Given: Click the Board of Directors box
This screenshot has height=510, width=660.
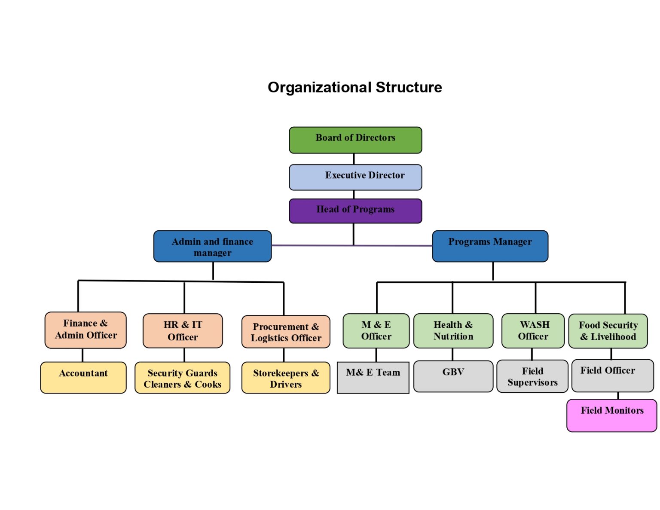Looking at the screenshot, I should tap(355, 140).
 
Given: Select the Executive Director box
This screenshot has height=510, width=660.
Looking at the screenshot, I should tap(355, 177).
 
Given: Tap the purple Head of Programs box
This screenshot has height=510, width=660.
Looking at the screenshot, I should tap(355, 211).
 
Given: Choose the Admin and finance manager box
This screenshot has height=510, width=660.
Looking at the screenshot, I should tap(212, 246).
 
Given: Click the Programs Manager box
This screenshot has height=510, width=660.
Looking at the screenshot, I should tap(490, 246).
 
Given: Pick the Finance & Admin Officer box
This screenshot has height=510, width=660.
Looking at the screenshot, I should tap(86, 330).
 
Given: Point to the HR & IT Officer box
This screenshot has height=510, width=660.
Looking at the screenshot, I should tap(183, 331).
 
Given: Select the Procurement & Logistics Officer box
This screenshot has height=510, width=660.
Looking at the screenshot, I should tap(286, 332).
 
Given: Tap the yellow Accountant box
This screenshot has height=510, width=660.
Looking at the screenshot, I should tap(83, 377).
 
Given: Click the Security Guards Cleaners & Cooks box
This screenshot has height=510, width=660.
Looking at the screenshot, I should tap(182, 378).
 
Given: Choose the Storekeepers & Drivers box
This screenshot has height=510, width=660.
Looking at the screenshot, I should tap(286, 378).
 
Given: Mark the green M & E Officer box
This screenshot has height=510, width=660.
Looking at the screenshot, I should tap(376, 331).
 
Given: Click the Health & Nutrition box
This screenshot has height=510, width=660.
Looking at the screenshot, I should tap(453, 331).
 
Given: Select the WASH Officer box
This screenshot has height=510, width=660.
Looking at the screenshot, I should tap(533, 331).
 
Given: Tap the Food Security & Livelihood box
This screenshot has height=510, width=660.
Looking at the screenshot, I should tap(608, 331).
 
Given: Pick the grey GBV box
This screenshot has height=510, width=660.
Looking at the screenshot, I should tap(453, 376).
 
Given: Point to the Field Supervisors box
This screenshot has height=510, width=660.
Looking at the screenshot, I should tap(532, 376).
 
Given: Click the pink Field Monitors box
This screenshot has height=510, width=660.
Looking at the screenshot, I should tap(611, 415).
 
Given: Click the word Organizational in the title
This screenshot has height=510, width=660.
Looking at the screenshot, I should tap(320, 87).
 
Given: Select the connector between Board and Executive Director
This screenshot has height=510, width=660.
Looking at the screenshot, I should tap(354, 159).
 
